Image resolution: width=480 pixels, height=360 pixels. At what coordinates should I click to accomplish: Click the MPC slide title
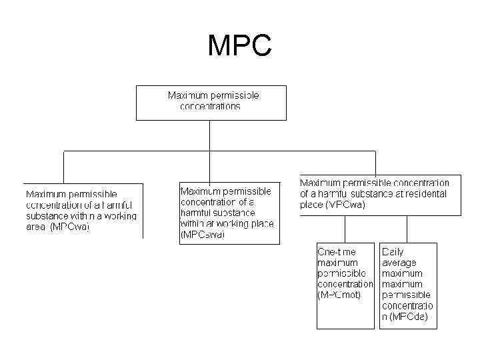coord(239,46)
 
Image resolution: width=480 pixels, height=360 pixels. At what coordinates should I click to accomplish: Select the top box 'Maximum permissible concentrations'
coord(211,102)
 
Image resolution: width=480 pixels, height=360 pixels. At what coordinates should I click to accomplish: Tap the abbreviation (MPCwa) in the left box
coord(70,227)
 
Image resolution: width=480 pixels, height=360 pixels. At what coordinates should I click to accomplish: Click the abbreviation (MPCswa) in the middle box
coord(203,235)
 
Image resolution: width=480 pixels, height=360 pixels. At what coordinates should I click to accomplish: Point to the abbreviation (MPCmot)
coord(339,295)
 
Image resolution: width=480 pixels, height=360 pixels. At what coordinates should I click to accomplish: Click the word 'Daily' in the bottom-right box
coord(393,252)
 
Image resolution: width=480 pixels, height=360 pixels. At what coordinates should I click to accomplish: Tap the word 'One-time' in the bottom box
coord(337,252)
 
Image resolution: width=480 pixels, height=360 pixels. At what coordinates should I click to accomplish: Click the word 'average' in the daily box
coord(399,263)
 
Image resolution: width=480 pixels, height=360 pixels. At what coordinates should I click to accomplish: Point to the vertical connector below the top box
coord(210,135)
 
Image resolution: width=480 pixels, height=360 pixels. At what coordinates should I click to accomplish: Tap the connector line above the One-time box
coord(345,229)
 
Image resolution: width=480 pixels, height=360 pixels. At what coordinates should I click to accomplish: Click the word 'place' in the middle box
coord(260,223)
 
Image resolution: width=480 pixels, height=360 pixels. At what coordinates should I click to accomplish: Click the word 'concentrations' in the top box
coord(211,107)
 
